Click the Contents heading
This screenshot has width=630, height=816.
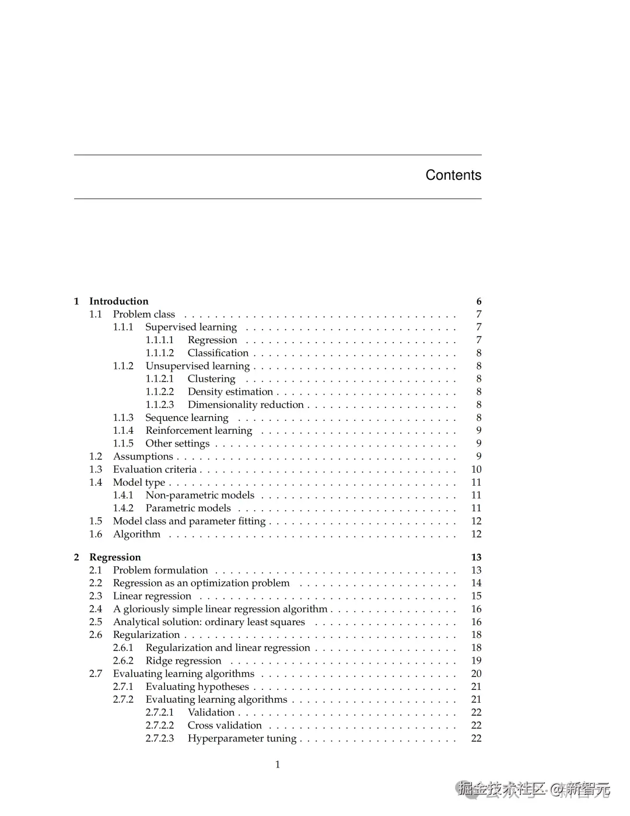click(x=453, y=175)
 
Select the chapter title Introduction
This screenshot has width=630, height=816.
click(x=118, y=301)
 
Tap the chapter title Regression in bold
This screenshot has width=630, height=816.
click(x=115, y=557)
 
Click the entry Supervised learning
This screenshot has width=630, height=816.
click(x=191, y=327)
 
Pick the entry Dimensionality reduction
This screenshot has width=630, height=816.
click(x=246, y=404)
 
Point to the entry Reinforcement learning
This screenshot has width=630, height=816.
click(x=199, y=431)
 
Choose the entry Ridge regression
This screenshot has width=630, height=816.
click(x=183, y=661)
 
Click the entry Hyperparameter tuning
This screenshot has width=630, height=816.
click(x=242, y=738)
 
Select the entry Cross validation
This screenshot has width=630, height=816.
click(x=225, y=726)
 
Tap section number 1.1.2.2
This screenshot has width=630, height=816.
click(x=159, y=392)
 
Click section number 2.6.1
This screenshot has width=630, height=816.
click(x=123, y=648)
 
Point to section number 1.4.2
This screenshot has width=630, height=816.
click(x=123, y=508)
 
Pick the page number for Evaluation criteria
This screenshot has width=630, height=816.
click(x=476, y=469)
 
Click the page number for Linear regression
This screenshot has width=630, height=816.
click(x=476, y=596)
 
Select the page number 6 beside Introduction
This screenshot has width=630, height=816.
click(x=479, y=301)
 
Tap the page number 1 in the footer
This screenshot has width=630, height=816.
click(x=278, y=765)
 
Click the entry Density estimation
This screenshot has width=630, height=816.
click(x=230, y=392)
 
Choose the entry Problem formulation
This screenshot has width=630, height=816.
click(x=160, y=570)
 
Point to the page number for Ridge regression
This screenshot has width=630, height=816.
click(x=476, y=661)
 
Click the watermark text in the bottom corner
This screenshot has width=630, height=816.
click(x=534, y=789)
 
